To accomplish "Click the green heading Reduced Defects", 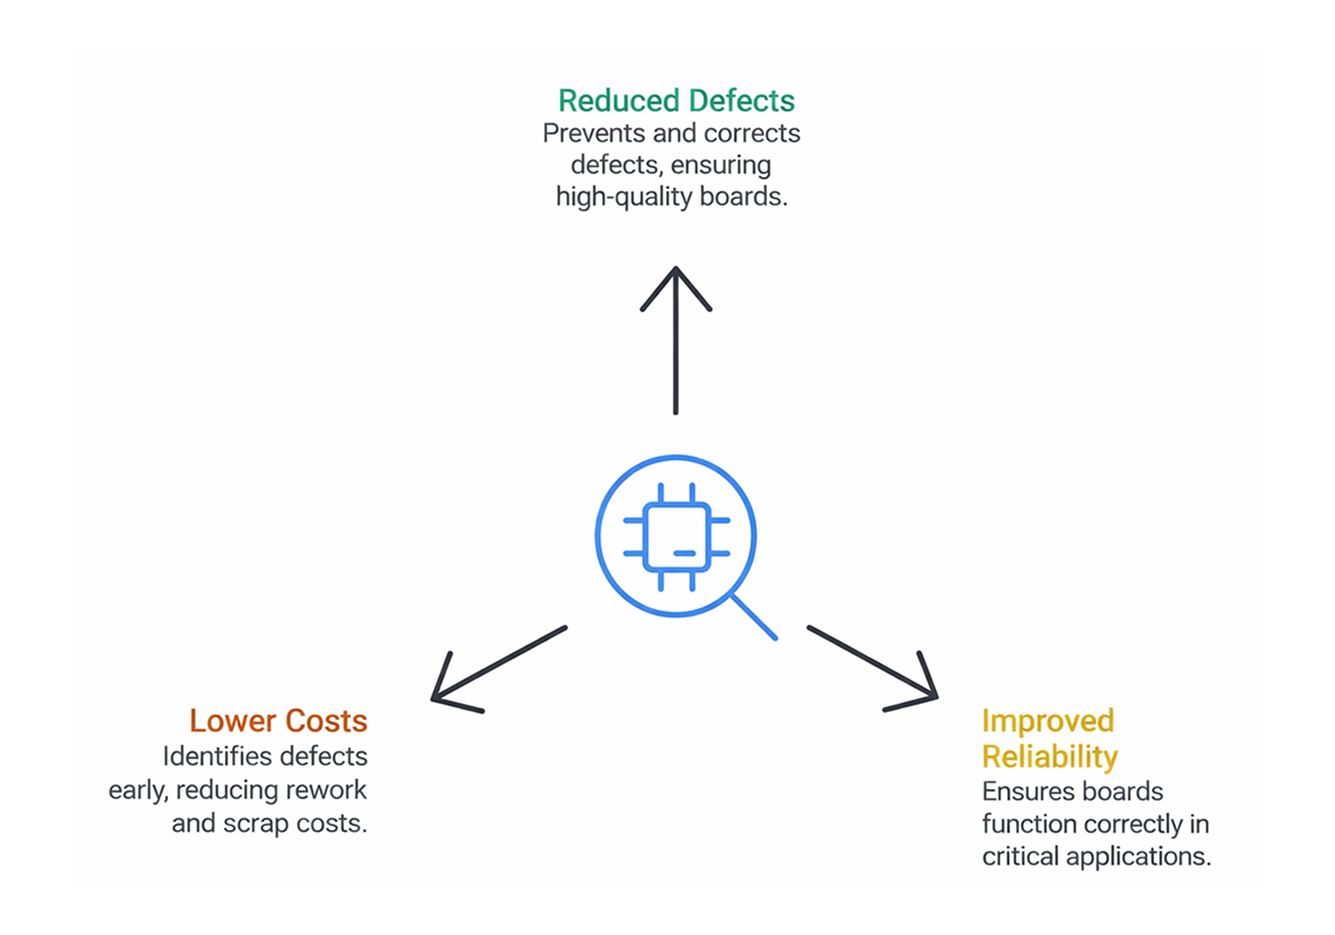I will pyautogui.click(x=676, y=101).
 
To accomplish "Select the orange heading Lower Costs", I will pyautogui.click(x=278, y=721).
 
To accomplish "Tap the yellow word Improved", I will pyautogui.click(x=1047, y=721).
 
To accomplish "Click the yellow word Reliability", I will pyautogui.click(x=1049, y=756).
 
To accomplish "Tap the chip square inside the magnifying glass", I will pyautogui.click(x=676, y=537).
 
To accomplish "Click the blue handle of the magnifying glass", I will pyautogui.click(x=754, y=616).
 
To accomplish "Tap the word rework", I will pyautogui.click(x=325, y=790).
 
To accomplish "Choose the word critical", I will pyautogui.click(x=1020, y=857).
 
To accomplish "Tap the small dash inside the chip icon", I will pyautogui.click(x=685, y=553).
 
